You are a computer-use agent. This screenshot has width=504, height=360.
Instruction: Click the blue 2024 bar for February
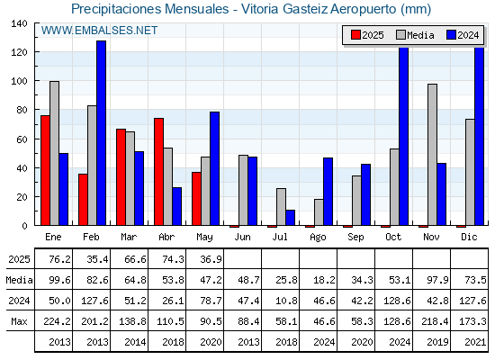[x=101, y=133]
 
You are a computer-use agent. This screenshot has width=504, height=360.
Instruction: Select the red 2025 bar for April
[x=158, y=172]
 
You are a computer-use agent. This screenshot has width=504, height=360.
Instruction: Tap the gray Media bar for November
[x=432, y=155]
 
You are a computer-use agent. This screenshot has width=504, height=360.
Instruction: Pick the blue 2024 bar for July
[x=290, y=218]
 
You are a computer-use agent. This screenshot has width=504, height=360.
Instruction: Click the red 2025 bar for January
[x=45, y=170]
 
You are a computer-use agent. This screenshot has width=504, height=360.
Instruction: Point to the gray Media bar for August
[x=319, y=212]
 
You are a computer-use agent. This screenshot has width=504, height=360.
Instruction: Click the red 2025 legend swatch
[x=355, y=35]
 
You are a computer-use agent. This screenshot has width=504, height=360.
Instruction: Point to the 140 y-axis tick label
[x=20, y=23]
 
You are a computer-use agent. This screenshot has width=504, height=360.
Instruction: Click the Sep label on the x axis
[x=355, y=238]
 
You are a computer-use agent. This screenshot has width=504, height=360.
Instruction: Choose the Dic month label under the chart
[x=469, y=238]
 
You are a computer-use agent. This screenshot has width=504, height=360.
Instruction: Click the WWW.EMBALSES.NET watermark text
[x=99, y=31]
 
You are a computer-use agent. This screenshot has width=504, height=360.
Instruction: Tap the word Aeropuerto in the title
[x=364, y=9]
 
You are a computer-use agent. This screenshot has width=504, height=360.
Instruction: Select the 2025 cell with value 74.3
[x=173, y=259]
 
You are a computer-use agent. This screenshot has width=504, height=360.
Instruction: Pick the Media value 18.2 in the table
[x=324, y=280]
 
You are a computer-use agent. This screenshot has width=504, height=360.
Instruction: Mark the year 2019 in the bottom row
[x=437, y=342]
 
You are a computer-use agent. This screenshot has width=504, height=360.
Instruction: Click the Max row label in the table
[x=19, y=321]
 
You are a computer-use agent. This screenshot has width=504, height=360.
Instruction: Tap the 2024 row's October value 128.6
[x=397, y=301]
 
